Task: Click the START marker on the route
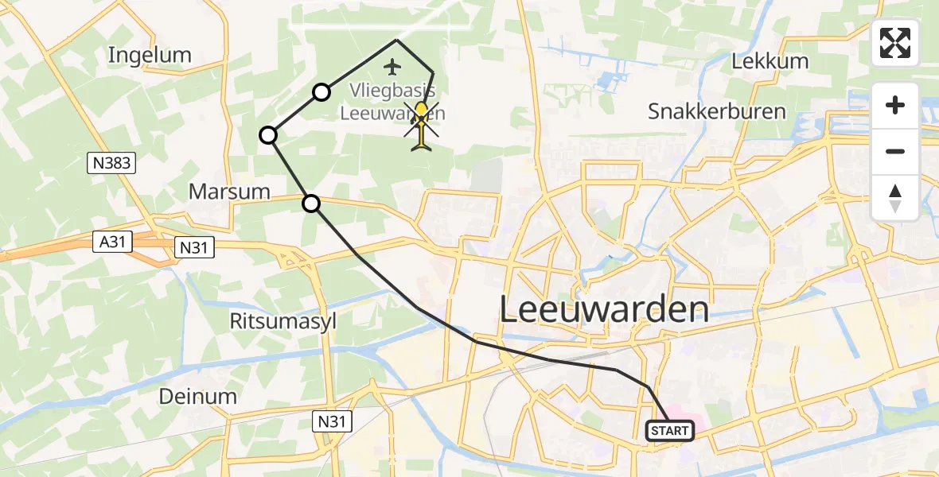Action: coord(670,431)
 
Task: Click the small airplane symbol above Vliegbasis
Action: coord(392,65)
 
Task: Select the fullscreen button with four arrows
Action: coord(895,43)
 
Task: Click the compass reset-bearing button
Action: coord(895,198)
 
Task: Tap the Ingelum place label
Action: coord(150,55)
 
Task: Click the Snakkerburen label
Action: coord(717,111)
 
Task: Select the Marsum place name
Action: coord(229,192)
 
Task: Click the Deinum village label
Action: coord(197,396)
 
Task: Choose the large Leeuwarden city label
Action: coord(604,309)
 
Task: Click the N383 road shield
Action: coord(112,164)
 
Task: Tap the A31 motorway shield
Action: coord(113,242)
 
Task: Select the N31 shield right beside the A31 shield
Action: coord(193,248)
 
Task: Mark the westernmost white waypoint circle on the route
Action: coord(269,135)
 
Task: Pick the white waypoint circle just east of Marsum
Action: coord(311,204)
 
